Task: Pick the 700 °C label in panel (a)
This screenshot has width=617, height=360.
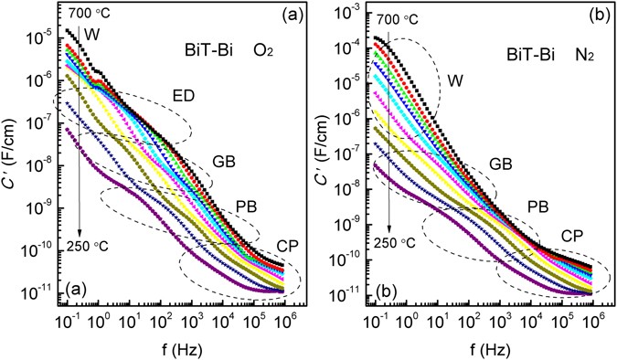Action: (87, 16)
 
